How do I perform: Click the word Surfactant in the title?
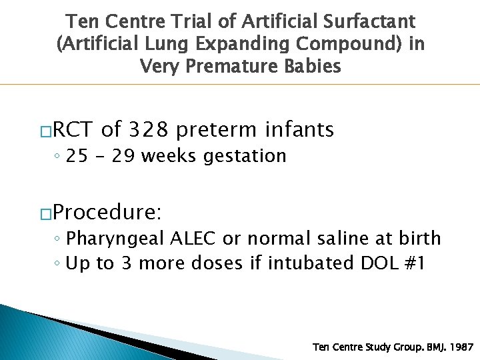(x=373, y=23)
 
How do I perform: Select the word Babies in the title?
(x=311, y=67)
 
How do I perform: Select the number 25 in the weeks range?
(x=77, y=156)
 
